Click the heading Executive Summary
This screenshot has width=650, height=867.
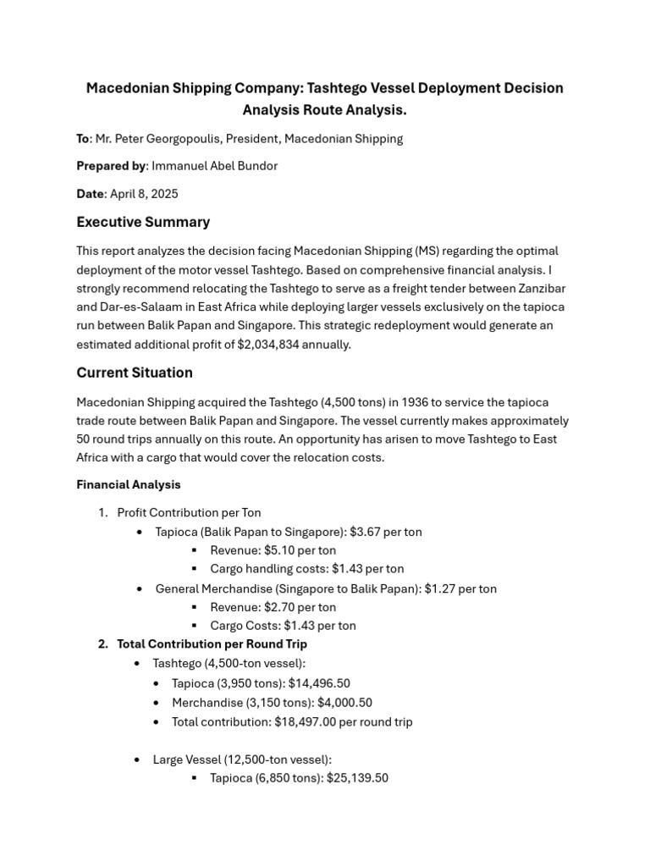click(x=143, y=222)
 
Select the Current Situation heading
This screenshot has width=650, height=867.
click(x=135, y=373)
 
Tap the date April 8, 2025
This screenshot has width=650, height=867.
click(x=144, y=194)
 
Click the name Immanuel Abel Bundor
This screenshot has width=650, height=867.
click(x=214, y=166)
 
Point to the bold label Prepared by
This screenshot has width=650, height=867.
click(x=111, y=166)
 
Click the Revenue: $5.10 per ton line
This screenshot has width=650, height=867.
click(x=273, y=550)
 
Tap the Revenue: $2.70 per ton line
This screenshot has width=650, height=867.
click(x=273, y=607)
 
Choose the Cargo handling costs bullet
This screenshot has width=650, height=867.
click(x=306, y=569)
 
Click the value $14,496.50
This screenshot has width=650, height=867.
click(x=319, y=683)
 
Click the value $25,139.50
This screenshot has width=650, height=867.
click(x=357, y=777)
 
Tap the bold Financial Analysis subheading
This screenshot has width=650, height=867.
click(x=129, y=485)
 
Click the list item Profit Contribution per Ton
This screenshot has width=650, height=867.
click(x=189, y=512)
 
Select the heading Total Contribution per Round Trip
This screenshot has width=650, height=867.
click(x=212, y=644)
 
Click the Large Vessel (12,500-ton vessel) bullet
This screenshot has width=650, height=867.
click(x=242, y=759)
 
